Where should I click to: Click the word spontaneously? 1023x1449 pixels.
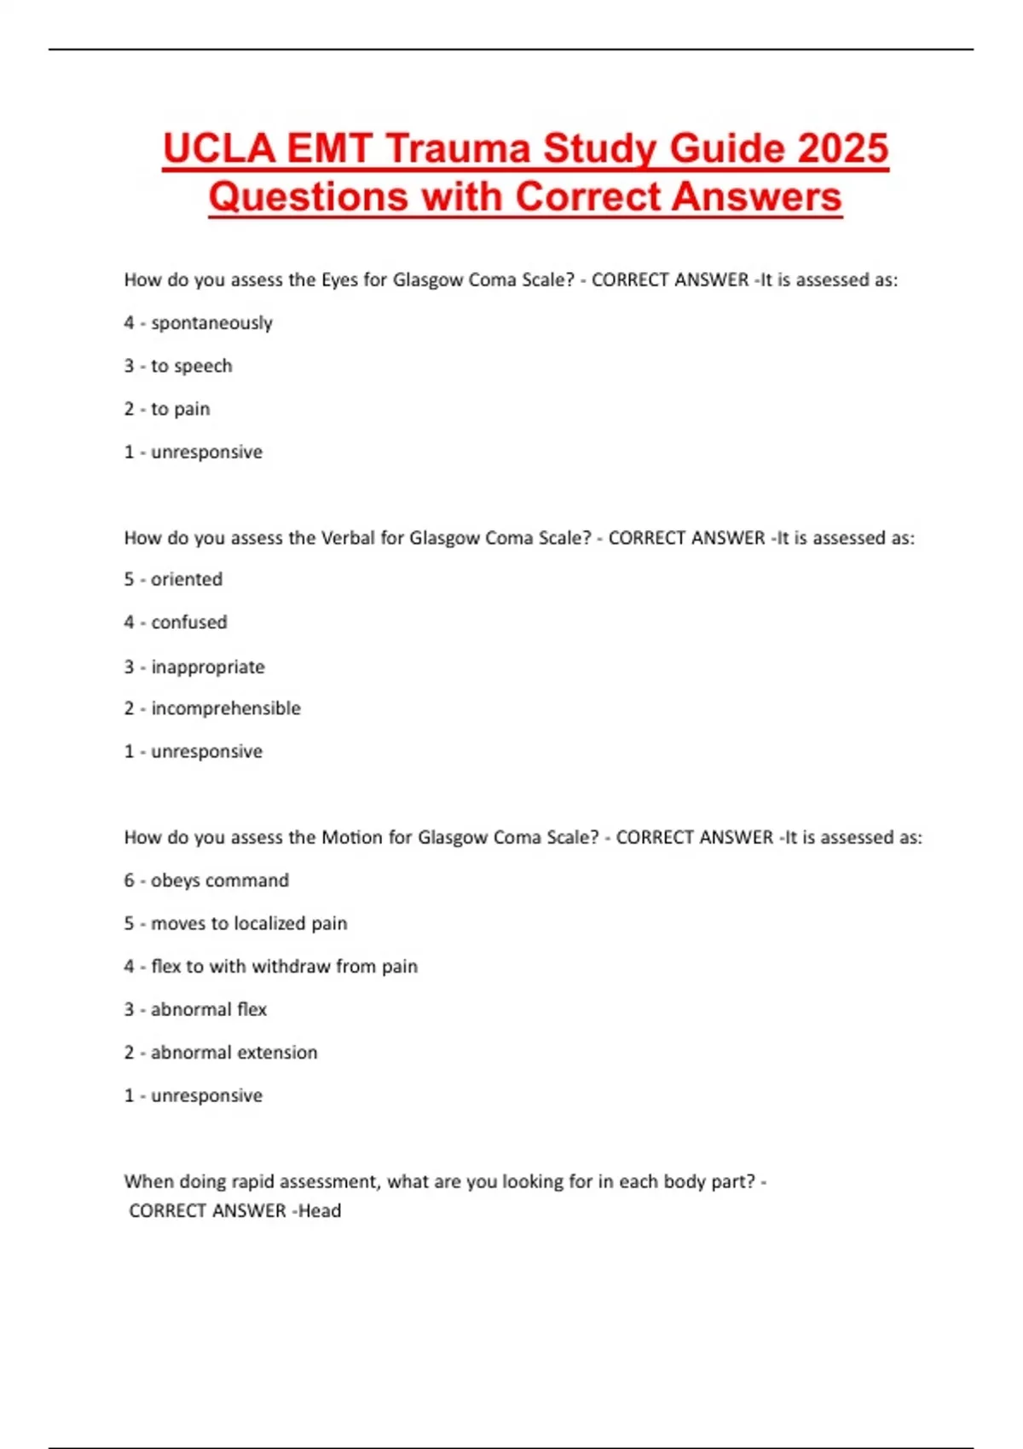pos(211,323)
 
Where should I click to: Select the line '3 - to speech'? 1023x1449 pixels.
pos(178,366)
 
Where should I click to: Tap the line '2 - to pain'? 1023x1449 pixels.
pos(167,409)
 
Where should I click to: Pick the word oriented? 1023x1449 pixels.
pos(187,580)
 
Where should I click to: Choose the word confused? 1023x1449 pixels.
pos(189,622)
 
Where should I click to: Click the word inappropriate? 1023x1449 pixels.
pos(208,667)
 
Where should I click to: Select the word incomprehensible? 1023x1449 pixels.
pos(226,708)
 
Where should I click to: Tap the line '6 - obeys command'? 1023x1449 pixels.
pos(206,880)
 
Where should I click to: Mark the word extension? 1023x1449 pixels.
pos(275,1053)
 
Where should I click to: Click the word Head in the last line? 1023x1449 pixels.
pos(320,1210)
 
